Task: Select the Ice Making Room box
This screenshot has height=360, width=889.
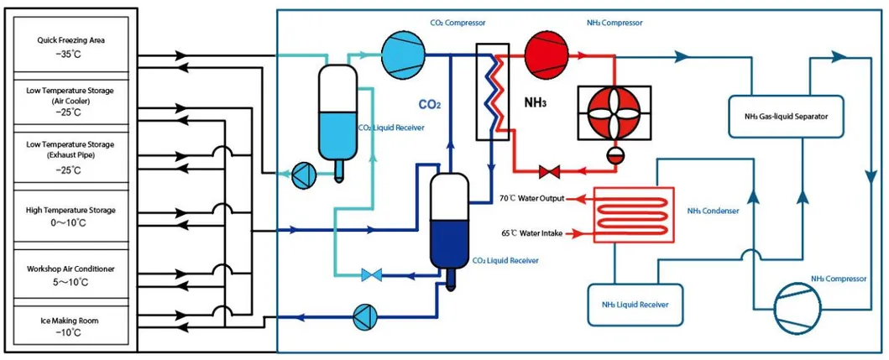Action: tap(71, 326)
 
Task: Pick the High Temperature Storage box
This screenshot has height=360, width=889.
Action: tap(71, 216)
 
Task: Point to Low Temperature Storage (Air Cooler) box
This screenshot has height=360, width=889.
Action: tap(71, 100)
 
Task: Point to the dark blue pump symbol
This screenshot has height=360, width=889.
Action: tap(362, 317)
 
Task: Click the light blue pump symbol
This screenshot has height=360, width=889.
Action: tap(301, 174)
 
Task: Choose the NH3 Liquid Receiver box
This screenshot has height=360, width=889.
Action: tap(635, 304)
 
